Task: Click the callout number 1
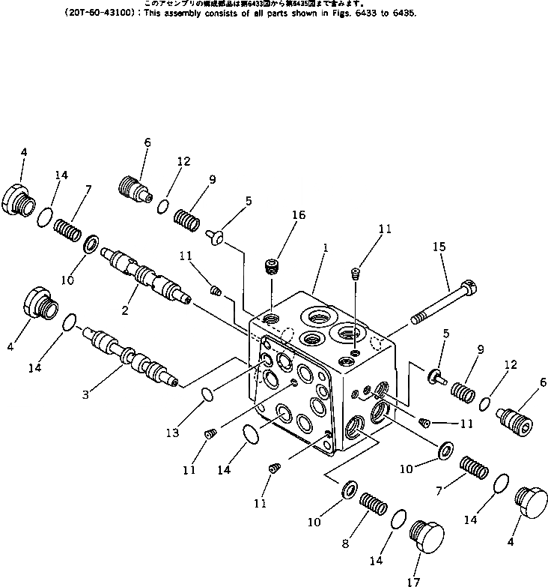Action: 323,255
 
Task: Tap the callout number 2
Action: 126,309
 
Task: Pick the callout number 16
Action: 299,215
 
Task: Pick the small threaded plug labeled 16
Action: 273,265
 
